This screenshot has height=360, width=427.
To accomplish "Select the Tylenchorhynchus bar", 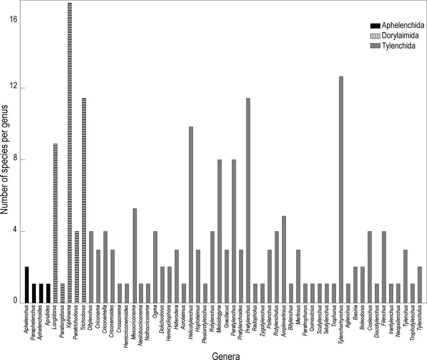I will coord(341,190).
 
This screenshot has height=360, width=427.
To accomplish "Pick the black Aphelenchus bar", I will coord(26,285).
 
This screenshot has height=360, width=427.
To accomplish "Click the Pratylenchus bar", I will coord(248,200).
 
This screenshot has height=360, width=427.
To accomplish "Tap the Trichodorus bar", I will coord(84,200).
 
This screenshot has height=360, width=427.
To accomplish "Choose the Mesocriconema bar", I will coord(134,255).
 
